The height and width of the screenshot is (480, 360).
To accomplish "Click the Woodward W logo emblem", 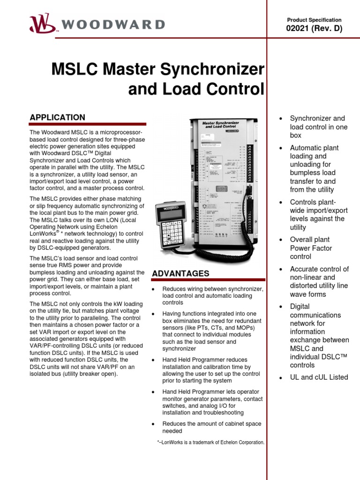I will tap(41, 23).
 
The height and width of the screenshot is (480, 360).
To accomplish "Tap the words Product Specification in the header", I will tap(314, 20).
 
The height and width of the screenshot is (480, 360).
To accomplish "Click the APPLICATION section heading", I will tap(57, 117).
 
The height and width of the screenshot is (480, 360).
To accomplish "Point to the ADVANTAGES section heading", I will tap(180, 273).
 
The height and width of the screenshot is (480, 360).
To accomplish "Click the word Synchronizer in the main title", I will tap(212, 70).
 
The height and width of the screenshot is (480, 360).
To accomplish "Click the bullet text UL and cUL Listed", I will tap(319, 377).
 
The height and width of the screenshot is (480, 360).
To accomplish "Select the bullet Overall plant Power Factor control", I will tap(311, 248).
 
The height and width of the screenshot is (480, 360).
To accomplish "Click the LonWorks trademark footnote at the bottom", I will tap(210, 442).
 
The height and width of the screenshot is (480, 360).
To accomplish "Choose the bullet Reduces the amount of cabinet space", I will tap(212, 427).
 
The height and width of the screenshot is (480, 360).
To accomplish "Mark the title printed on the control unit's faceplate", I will tap(220, 125).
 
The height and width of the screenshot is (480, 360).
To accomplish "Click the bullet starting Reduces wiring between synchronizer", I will tap(212, 296).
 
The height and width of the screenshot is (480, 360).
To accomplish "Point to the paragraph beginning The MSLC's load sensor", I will tap(87, 276).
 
